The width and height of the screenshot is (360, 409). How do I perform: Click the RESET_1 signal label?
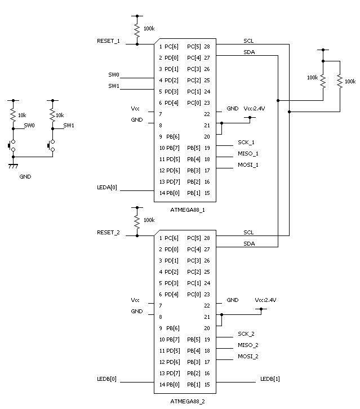(108, 41)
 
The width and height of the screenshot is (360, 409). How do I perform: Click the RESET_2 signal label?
(108, 232)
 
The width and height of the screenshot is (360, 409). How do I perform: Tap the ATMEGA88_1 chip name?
(188, 210)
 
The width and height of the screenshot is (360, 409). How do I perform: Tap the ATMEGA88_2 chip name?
(188, 402)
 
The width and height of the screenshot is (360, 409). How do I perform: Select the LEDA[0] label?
(107, 187)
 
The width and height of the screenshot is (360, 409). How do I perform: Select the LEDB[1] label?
(269, 379)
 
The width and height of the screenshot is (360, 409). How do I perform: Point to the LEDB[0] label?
(107, 379)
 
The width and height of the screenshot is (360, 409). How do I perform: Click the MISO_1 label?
(248, 153)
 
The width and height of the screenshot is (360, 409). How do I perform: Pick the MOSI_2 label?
(248, 356)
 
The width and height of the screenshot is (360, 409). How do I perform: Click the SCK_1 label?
(246, 142)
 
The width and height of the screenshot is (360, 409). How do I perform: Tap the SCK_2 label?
(246, 334)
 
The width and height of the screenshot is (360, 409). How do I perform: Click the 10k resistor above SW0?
(13, 115)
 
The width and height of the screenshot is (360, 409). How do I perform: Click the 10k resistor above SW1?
(52, 115)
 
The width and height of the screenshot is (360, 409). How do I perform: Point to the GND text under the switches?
(25, 176)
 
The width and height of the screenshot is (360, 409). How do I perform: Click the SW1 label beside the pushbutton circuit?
(68, 125)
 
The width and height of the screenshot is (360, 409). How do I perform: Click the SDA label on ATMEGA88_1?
(248, 52)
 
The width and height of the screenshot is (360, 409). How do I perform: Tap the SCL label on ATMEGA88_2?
(248, 232)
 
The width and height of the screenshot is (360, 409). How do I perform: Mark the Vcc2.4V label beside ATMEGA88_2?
(265, 300)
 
